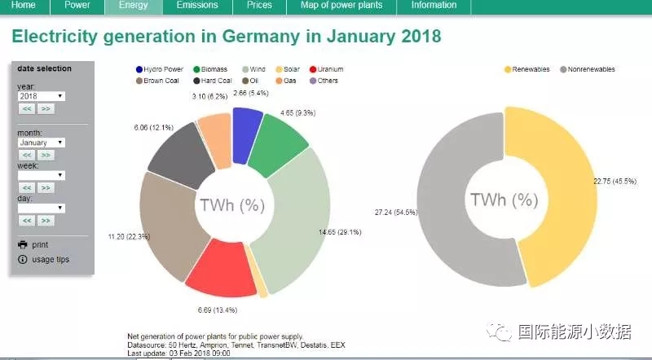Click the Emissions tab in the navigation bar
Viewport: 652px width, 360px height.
click(196, 5)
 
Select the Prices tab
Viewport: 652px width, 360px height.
click(259, 5)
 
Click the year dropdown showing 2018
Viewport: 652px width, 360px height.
click(42, 96)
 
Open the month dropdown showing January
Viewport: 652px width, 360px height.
click(42, 143)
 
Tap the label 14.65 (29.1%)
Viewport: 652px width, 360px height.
click(340, 232)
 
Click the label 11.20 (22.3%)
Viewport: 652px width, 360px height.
click(129, 236)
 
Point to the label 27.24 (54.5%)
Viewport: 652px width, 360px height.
click(395, 212)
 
